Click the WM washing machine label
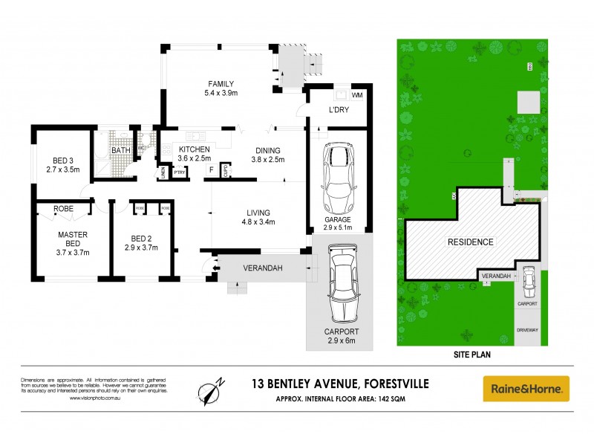[x=357, y=95]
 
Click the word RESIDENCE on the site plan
[x=469, y=242]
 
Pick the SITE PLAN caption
[x=471, y=355]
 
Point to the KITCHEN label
[x=195, y=149]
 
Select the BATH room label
[x=120, y=150]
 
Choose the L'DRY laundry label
[x=339, y=111]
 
